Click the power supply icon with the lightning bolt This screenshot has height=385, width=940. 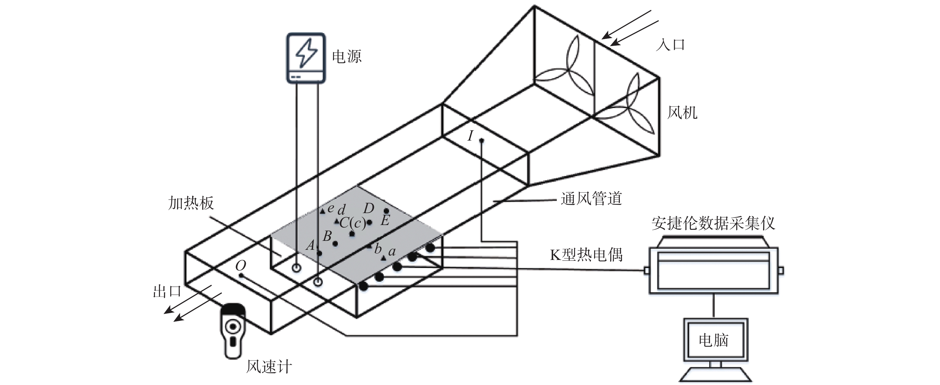tap(306, 57)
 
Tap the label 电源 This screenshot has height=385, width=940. tap(346, 57)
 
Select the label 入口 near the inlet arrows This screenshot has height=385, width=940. tap(670, 45)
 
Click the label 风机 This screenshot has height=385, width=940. tap(682, 113)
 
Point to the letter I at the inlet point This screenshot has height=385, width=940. tap(471, 136)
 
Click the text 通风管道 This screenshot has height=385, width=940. tap(591, 199)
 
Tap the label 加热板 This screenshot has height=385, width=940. tap(191, 203)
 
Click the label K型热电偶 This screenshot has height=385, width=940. tap(586, 255)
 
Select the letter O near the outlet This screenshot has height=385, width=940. tap(241, 266)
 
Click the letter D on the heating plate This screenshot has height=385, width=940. tap(369, 208)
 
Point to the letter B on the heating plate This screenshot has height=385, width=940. tap(327, 236)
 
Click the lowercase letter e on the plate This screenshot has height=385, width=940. tap(331, 208)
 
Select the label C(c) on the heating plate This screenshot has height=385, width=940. tap(352, 223)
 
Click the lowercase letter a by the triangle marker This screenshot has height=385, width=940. tap(392, 251)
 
